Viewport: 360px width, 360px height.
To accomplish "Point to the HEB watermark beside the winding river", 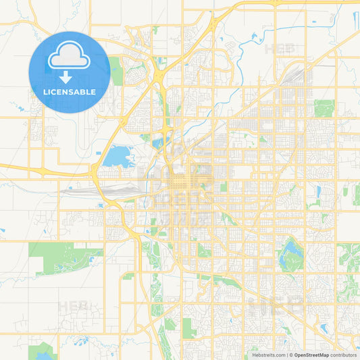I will tap(280, 49).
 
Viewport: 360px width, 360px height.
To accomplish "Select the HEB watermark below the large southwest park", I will tap(74, 306).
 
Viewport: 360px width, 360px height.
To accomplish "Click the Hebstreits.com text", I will tap(267, 355).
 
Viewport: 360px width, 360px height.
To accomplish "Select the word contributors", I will tap(344, 355).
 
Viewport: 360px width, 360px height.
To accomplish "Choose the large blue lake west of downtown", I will tap(118, 156).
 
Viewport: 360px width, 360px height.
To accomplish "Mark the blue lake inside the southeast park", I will tap(291, 255).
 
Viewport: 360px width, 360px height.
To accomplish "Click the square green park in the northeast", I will tap(324, 108).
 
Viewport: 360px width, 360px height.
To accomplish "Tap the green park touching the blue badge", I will tap(116, 71).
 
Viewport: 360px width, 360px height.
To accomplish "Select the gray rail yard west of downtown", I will tap(95, 192).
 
